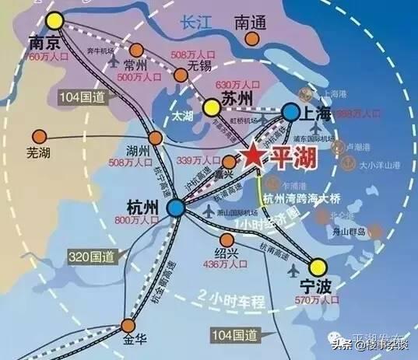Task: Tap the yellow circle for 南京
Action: click(54, 21)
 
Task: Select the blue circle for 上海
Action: click(291, 114)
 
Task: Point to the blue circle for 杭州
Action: click(175, 207)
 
